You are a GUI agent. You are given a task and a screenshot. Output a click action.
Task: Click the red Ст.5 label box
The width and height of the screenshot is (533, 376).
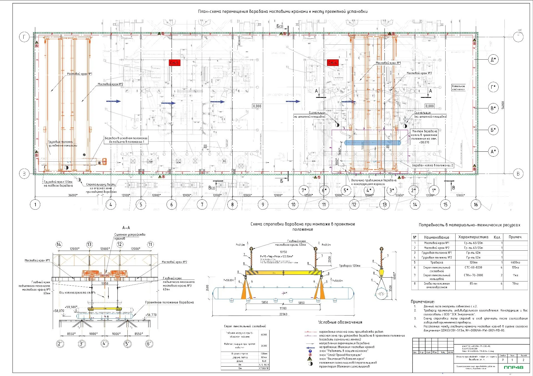175,63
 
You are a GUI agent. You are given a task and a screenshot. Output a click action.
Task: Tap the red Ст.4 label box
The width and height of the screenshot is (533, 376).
333,63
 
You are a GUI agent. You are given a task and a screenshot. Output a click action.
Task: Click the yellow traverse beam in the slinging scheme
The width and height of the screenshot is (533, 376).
283,273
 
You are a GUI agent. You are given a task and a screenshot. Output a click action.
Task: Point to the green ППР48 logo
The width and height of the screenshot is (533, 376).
513,367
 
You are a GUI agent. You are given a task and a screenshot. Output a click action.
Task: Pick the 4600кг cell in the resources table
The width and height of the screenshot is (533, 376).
515,262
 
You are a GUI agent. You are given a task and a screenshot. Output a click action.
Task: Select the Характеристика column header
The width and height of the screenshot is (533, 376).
473,237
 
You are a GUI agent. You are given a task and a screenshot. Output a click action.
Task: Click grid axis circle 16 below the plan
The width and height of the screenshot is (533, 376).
476,205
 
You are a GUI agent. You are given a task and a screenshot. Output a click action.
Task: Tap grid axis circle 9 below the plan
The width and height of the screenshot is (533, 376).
263,205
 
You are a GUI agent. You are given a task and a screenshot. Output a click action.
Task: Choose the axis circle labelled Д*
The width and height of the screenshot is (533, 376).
493,60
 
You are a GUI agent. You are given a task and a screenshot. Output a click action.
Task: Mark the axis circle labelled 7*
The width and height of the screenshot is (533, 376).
304,190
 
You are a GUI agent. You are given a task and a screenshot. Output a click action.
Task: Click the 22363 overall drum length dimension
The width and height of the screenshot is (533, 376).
283,314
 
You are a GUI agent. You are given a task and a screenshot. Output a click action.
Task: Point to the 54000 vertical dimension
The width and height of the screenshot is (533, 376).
503,105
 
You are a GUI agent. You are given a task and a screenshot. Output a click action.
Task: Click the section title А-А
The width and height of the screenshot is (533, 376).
126,228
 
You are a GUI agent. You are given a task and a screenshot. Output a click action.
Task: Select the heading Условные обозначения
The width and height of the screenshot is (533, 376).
340,322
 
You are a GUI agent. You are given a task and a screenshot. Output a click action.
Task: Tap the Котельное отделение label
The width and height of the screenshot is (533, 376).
458,88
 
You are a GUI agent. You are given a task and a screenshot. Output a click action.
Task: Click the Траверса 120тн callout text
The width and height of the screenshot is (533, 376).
350,266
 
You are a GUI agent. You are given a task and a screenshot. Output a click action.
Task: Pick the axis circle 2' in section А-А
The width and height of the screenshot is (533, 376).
59,344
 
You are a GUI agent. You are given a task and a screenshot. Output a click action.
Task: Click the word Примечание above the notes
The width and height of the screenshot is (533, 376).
423,302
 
